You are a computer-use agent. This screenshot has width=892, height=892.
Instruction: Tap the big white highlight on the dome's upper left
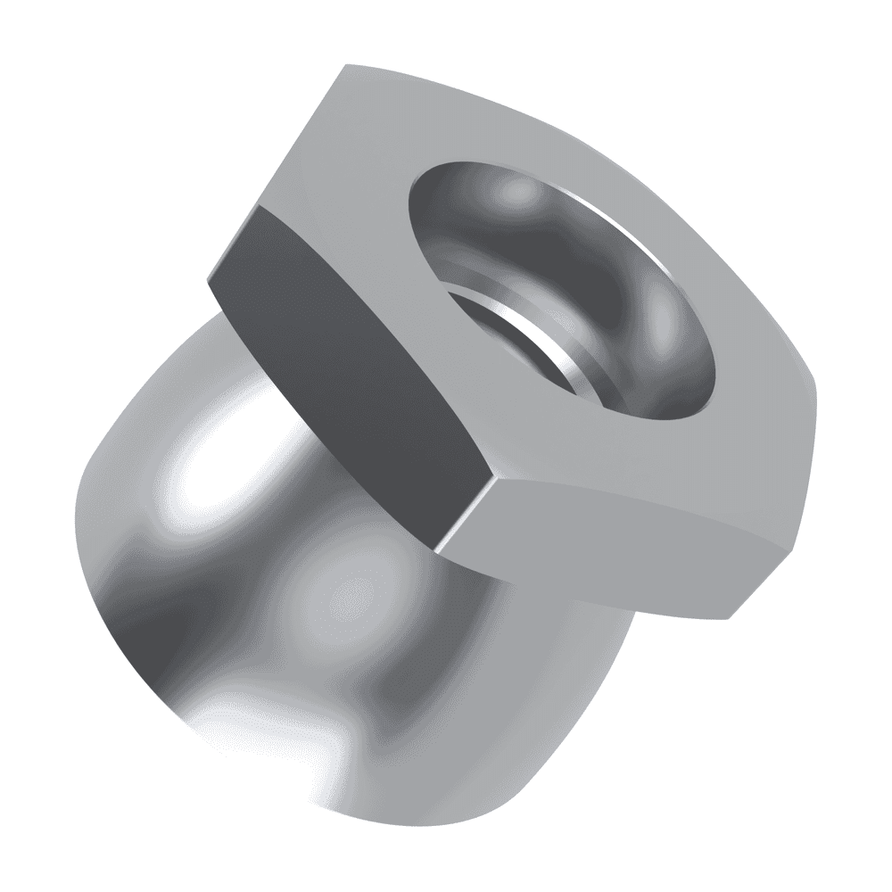(205, 473)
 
